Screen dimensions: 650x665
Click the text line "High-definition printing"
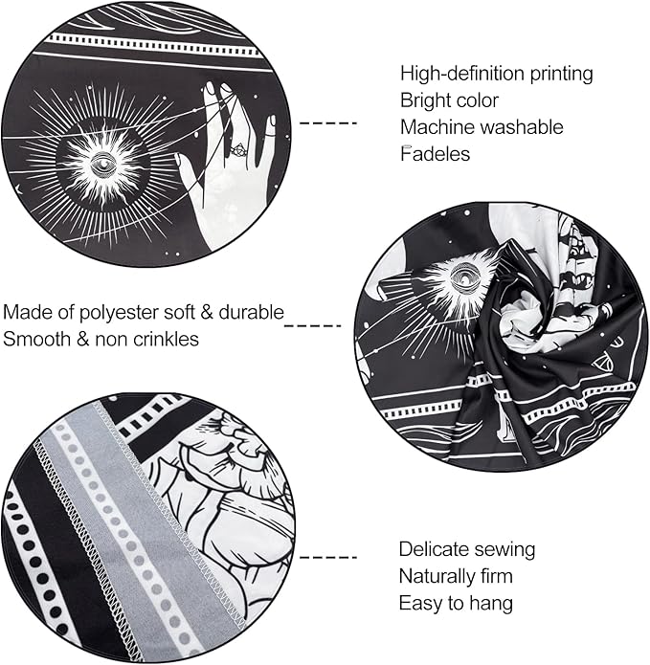(496, 74)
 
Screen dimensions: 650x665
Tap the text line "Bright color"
(449, 100)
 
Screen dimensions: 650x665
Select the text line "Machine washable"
(482, 127)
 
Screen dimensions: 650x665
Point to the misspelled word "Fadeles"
(435, 154)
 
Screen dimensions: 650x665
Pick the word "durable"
(251, 312)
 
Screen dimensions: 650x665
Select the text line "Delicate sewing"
(467, 549)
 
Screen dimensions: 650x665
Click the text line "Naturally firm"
(456, 577)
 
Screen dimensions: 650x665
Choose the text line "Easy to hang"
(456, 604)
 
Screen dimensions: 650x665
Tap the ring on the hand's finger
(237, 150)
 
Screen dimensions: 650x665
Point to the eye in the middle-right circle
(463, 278)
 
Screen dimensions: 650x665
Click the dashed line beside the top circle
(328, 123)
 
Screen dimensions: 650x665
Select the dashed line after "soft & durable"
(313, 325)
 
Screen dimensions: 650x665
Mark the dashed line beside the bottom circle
(328, 557)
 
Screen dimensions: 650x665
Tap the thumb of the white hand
(187, 169)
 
